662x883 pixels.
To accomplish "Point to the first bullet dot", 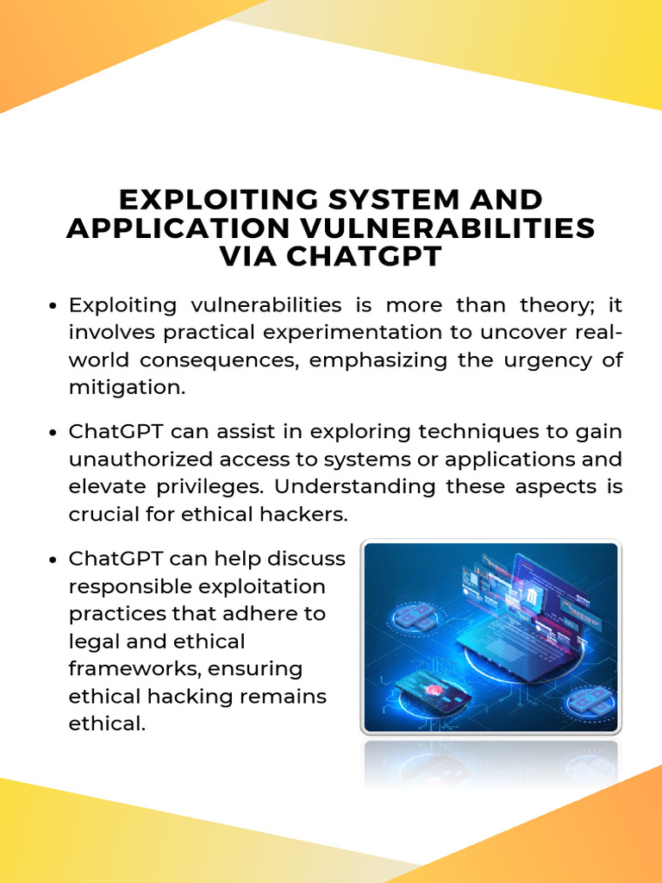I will point(53,306).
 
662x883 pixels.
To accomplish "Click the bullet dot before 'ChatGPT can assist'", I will point(53,432).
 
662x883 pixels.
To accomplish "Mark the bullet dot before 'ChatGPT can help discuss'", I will point(53,560).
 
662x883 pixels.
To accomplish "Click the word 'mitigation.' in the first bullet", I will point(127,388).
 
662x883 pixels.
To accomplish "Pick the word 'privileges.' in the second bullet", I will point(212,486).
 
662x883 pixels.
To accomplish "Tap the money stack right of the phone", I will point(590,701).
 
